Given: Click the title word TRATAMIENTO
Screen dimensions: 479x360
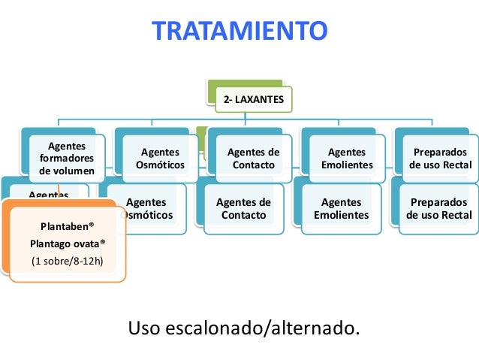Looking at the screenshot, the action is pos(239,32).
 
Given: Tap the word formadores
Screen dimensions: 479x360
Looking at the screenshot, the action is pos(66,158).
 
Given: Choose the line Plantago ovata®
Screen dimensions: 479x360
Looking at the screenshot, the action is pos(68,244).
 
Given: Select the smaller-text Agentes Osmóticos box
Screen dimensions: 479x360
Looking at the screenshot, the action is pos(160,159).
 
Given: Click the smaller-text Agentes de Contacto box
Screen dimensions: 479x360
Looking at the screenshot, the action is pos(253,159).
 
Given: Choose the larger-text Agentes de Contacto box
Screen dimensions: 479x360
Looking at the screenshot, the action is pos(243,209).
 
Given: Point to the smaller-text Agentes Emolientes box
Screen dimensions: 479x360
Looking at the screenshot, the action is pos(346,159).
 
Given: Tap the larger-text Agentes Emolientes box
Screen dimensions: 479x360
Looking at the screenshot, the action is pos(341,209).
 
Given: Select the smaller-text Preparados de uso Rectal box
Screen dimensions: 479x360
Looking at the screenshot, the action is pos(440,159).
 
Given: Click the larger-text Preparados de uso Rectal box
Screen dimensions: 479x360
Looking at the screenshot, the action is pos(439,209).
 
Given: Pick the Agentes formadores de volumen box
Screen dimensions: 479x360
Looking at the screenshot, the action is pos(66,158).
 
